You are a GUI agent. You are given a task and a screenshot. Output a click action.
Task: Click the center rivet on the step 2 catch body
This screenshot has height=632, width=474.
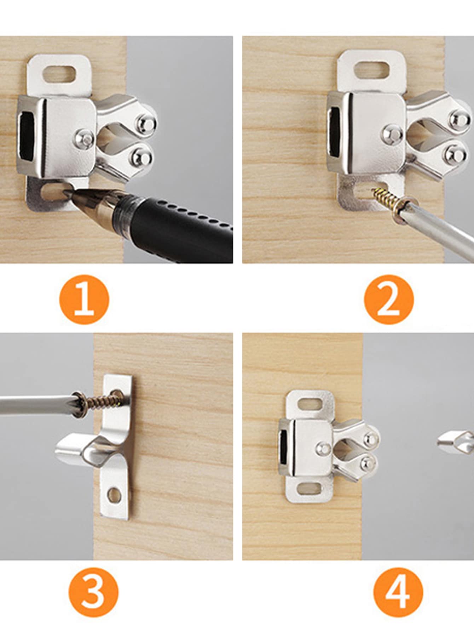392,133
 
